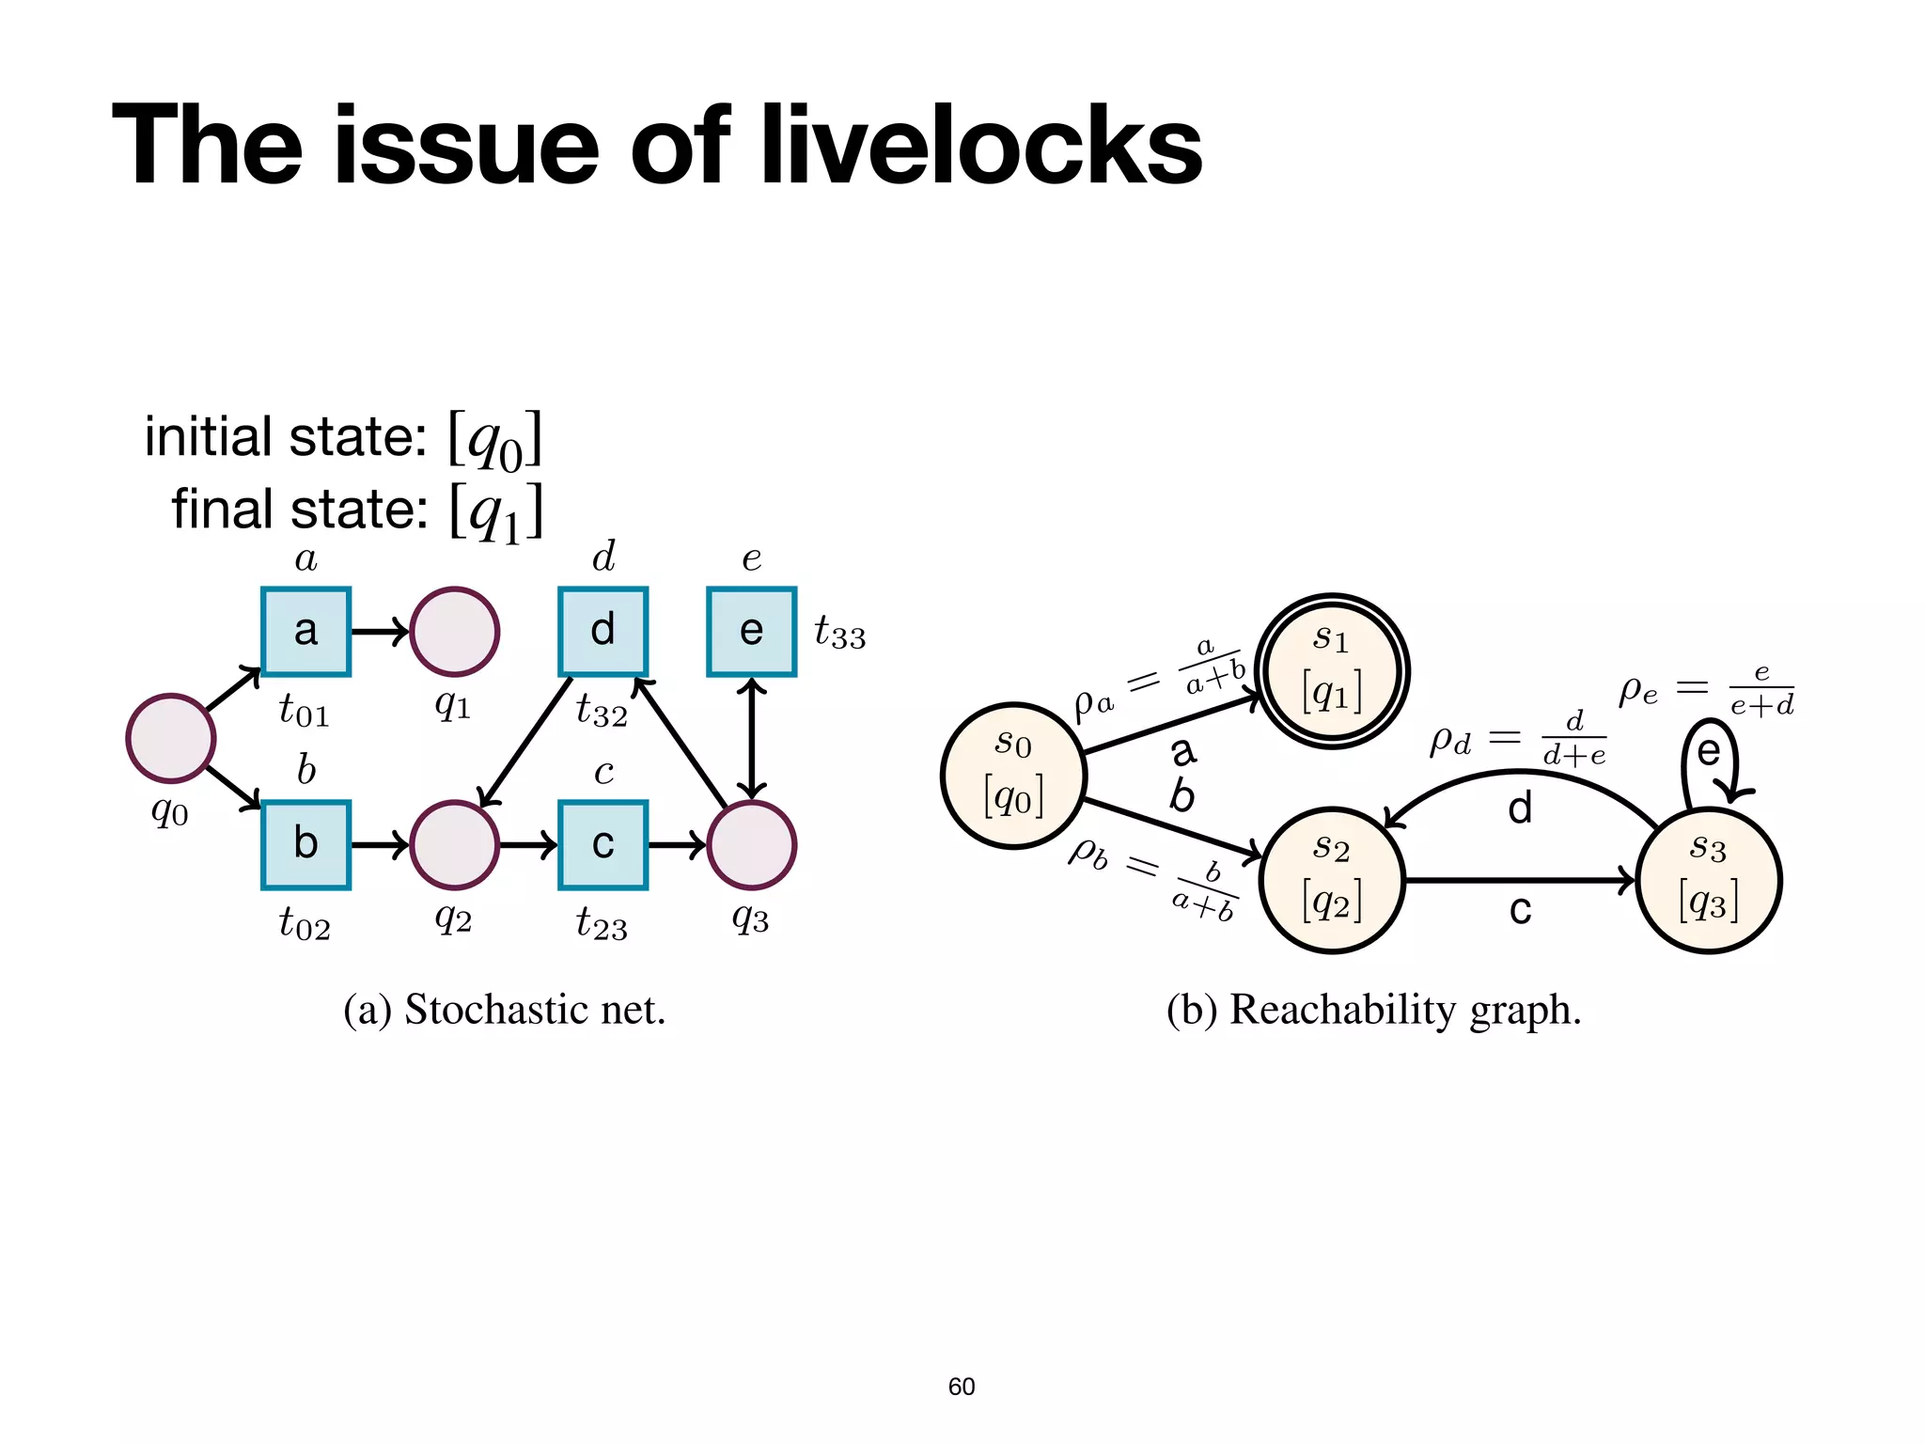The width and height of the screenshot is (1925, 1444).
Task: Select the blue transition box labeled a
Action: point(305,632)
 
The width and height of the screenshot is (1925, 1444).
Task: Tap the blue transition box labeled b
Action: point(305,844)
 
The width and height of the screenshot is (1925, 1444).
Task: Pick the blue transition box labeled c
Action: point(603,844)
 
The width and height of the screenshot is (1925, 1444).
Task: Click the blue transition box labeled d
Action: point(603,632)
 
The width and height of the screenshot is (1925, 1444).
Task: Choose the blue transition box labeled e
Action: point(751,632)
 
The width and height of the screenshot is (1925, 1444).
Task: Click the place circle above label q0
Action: point(171,738)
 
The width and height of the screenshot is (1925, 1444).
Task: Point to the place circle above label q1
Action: point(454,632)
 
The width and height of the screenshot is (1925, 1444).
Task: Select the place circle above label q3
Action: point(751,844)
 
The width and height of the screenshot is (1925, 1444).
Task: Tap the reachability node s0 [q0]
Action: point(1014,776)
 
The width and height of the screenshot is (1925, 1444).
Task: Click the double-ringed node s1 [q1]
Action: point(1332,671)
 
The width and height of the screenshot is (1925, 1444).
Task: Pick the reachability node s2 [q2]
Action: point(1332,881)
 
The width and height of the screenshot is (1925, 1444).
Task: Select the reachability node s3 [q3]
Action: point(1708,881)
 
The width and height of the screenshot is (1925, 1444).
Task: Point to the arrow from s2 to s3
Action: point(1518,881)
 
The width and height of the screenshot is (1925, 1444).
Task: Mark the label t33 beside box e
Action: point(839,634)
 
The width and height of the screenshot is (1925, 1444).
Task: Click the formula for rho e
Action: point(1706,690)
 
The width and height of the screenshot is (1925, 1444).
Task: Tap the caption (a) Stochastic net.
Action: point(504,1010)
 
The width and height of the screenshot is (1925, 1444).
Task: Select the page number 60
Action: point(961,1387)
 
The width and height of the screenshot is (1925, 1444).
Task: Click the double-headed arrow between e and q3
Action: point(751,738)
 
